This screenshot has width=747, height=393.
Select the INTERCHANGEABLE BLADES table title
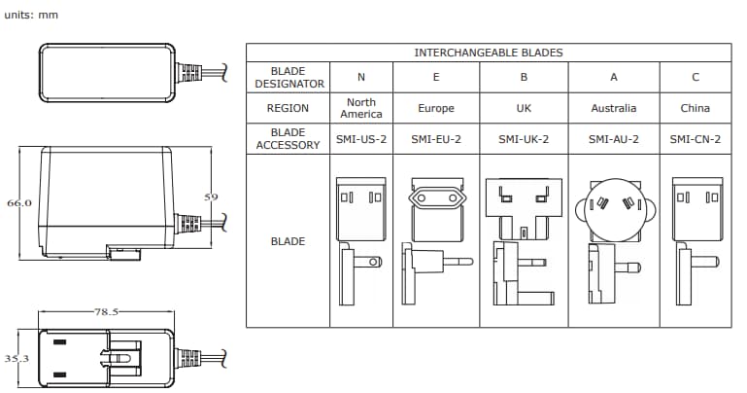pyautogui.click(x=489, y=53)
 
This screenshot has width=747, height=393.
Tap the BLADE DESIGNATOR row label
pyautogui.click(x=288, y=78)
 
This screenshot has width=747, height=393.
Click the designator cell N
pyautogui.click(x=361, y=78)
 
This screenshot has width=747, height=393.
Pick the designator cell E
pyautogui.click(x=435, y=78)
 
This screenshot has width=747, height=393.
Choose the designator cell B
pyautogui.click(x=525, y=78)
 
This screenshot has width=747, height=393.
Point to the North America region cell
pyautogui.click(x=361, y=108)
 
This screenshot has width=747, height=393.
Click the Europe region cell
pyautogui.click(x=435, y=108)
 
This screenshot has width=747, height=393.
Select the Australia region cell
pyautogui.click(x=613, y=108)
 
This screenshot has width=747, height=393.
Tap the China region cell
pyautogui.click(x=696, y=108)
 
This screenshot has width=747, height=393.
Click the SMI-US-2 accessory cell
pyautogui.click(x=361, y=139)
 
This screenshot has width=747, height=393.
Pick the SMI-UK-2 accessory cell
pyautogui.click(x=525, y=139)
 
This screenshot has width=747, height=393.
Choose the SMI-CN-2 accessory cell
pyautogui.click(x=696, y=139)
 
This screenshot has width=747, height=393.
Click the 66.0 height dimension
pyautogui.click(x=20, y=203)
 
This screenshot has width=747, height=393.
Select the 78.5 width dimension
pyautogui.click(x=106, y=312)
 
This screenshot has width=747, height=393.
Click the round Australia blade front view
pyautogui.click(x=613, y=207)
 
